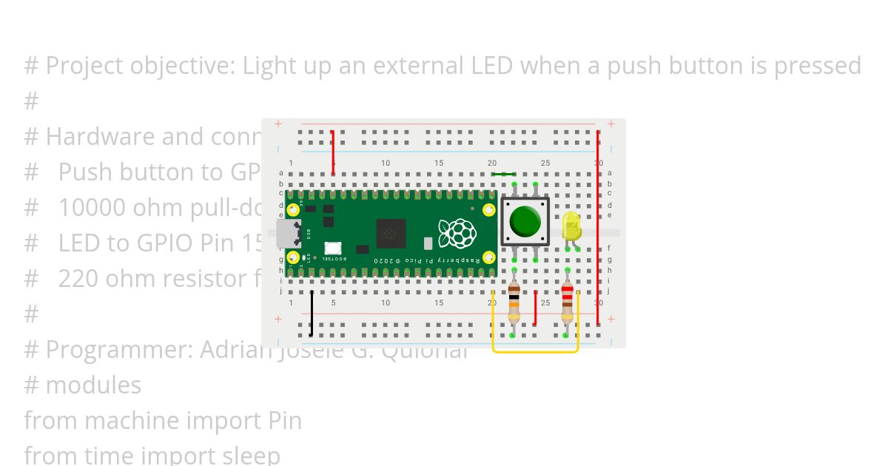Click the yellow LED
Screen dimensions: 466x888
571,226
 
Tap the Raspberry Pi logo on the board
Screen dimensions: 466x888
457,233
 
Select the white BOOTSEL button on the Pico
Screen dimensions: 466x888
333,250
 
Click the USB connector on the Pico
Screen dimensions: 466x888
287,233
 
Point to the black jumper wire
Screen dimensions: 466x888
312,314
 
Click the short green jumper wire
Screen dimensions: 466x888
503,175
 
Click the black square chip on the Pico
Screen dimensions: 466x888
391,233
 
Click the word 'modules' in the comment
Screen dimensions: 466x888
93,385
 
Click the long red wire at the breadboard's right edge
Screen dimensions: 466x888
598,229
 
